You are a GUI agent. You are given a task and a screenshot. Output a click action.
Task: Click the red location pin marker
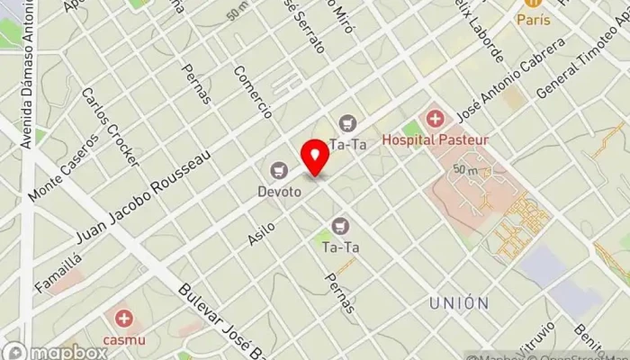coord(316,157)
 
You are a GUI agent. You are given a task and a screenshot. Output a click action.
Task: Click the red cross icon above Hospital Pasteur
coord(436,119)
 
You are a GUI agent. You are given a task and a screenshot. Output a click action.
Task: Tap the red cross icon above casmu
coord(123,319)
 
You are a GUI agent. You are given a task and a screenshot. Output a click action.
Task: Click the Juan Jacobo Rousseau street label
coord(144,196)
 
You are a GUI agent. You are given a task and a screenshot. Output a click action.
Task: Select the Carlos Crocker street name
coord(110,126)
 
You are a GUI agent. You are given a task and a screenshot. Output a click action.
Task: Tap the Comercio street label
coord(252,92)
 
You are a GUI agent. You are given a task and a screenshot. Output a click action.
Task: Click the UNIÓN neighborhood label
coord(459,302)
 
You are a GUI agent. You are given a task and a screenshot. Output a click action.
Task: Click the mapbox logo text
coord(67,352)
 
